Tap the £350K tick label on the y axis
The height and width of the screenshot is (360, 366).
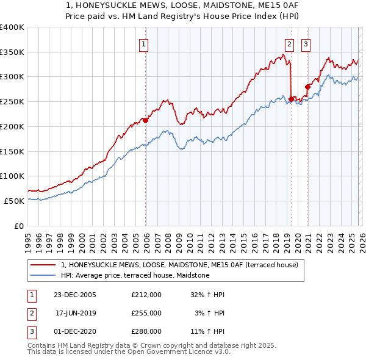pos(12,52)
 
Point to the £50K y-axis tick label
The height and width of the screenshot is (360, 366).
pos(14,201)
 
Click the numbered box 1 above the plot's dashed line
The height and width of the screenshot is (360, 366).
pos(143,43)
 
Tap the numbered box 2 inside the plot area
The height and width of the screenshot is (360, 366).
pos(289,43)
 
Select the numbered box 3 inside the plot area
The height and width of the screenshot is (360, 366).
pos(305,43)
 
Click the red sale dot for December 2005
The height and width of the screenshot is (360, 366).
pos(146,121)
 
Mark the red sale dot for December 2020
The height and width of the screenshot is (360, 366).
pos(307,87)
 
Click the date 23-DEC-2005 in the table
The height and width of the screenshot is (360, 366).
pos(76,295)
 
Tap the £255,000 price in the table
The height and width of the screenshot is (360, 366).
pos(146,313)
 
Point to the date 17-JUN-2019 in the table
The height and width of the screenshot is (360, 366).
pos(76,313)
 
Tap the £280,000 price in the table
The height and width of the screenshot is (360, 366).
pos(146,331)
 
